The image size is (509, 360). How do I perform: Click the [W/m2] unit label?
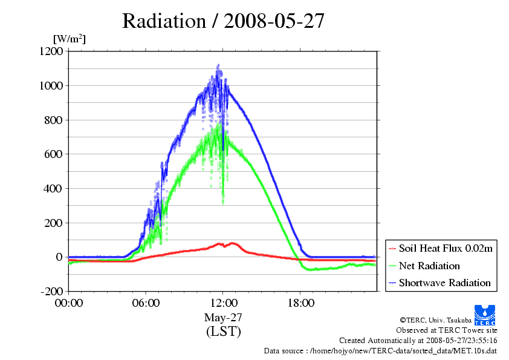pos(70,39)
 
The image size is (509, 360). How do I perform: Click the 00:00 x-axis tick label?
pos(68,303)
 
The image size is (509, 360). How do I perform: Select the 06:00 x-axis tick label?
pos(146,303)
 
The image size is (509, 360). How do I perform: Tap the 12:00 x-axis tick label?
pos(223,303)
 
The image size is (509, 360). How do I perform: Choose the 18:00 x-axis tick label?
pos(300,303)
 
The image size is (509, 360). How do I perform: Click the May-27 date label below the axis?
pos(223,317)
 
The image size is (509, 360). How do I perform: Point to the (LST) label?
pos(223,332)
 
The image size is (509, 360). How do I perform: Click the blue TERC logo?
pos(485,313)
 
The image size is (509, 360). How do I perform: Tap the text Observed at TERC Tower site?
pos(447,330)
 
